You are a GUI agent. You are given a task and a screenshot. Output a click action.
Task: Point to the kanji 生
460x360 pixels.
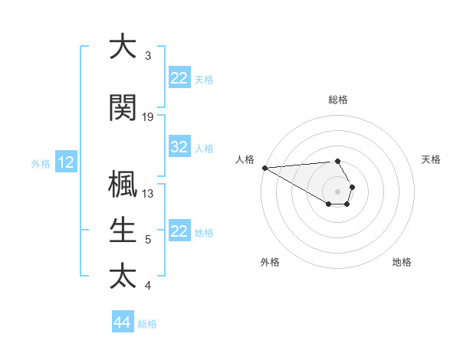click(122, 230)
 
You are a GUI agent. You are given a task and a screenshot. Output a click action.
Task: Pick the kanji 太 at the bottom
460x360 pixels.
click(122, 275)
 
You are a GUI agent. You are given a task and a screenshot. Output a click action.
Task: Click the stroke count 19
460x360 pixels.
click(148, 117)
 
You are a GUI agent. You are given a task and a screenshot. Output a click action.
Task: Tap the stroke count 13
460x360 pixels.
click(148, 194)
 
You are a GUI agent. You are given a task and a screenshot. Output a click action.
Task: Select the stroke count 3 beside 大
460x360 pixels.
click(148, 56)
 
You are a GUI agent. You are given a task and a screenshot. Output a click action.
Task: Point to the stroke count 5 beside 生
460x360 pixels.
click(148, 240)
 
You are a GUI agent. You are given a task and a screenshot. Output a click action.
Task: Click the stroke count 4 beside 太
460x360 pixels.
click(148, 286)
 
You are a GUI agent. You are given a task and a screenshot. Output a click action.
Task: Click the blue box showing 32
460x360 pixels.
click(179, 148)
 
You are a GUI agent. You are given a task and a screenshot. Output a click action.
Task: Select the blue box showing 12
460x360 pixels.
click(66, 162)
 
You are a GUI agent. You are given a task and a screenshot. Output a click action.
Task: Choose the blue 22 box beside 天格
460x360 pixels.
click(179, 78)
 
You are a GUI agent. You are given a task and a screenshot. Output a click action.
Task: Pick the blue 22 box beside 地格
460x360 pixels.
click(179, 231)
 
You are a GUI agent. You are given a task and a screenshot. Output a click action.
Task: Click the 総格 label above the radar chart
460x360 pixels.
click(338, 100)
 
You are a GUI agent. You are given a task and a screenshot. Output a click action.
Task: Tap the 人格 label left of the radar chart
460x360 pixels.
click(245, 159)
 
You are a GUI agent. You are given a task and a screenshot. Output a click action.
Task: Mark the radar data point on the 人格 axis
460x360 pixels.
click(264, 168)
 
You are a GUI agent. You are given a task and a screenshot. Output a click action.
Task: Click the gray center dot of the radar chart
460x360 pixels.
click(338, 191)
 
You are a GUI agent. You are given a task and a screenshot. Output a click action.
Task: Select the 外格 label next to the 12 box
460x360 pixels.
click(41, 163)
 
